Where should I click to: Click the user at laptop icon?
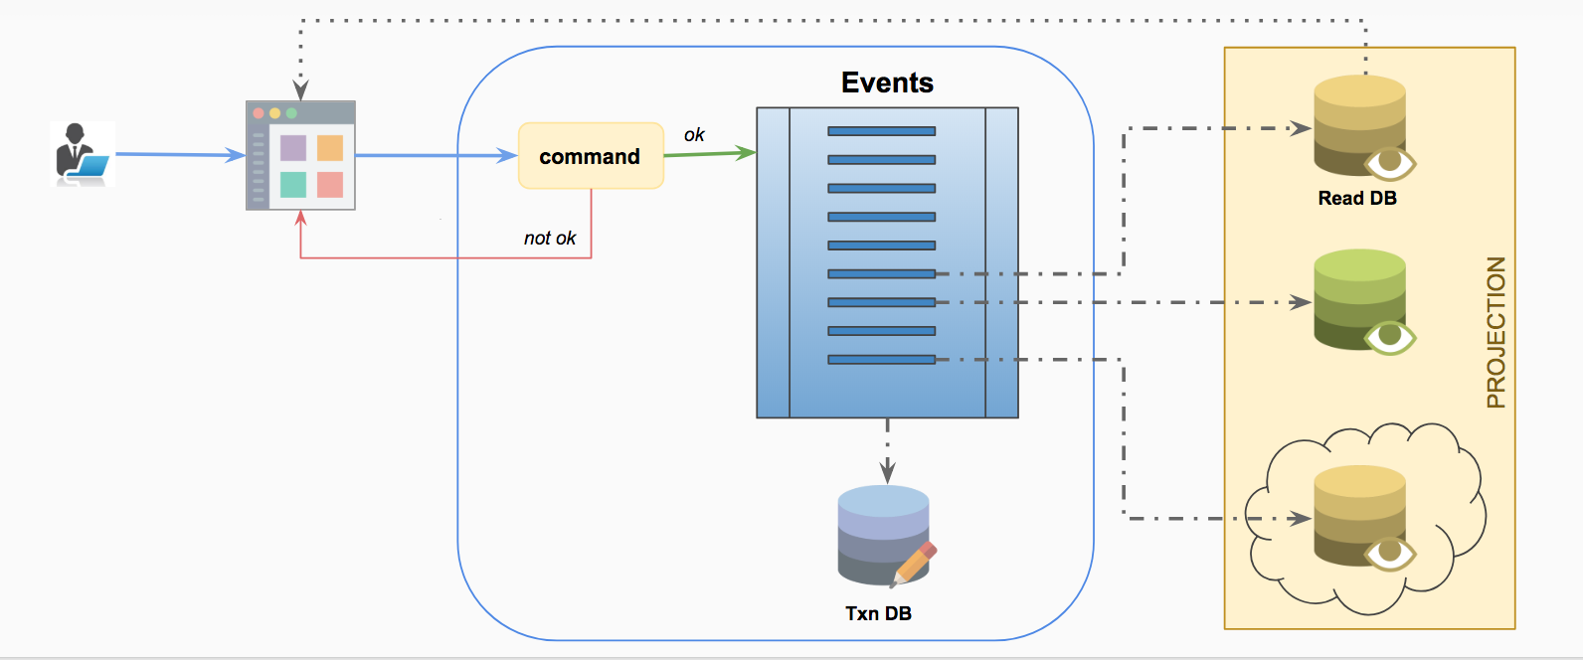click(x=83, y=154)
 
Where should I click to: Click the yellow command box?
click(x=591, y=156)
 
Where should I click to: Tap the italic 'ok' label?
click(x=694, y=135)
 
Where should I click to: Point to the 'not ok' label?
click(x=550, y=239)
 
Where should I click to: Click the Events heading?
click(x=887, y=82)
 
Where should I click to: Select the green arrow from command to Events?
click(x=710, y=154)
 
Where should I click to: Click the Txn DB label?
click(x=878, y=613)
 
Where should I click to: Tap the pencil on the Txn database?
click(x=916, y=563)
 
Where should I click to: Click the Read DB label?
click(x=1357, y=198)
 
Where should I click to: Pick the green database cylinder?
click(x=1359, y=298)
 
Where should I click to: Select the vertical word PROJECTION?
click(x=1495, y=333)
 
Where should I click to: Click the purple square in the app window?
click(x=293, y=148)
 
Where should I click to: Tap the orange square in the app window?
click(x=330, y=148)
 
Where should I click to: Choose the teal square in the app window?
click(x=293, y=185)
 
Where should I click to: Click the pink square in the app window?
click(x=330, y=185)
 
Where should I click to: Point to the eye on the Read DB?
click(x=1390, y=162)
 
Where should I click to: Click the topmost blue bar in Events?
click(x=881, y=131)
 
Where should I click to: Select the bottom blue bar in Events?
click(x=881, y=360)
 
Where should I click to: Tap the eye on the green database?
click(x=1390, y=337)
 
